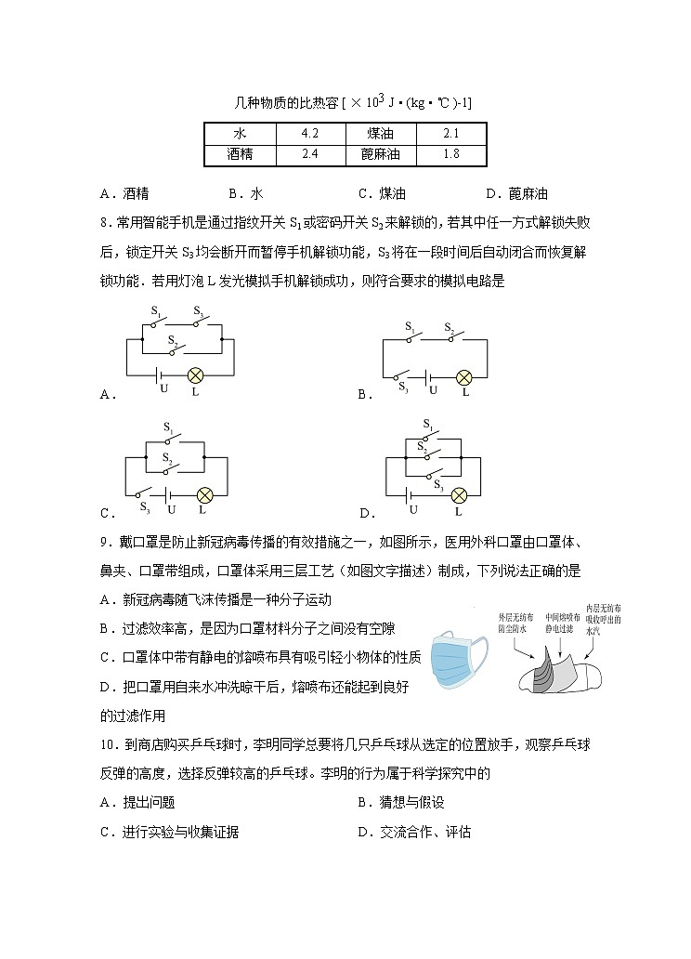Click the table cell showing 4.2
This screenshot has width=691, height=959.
click(310, 134)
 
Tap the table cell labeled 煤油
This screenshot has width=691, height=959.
click(380, 134)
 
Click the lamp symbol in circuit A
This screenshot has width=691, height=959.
click(195, 374)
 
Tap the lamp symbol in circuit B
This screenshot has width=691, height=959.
click(463, 377)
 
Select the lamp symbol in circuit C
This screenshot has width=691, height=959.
click(205, 494)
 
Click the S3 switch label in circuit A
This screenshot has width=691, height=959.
click(198, 312)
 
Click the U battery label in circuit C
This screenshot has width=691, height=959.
click(171, 510)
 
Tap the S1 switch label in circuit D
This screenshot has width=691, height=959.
click(427, 426)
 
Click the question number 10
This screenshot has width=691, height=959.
click(108, 743)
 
